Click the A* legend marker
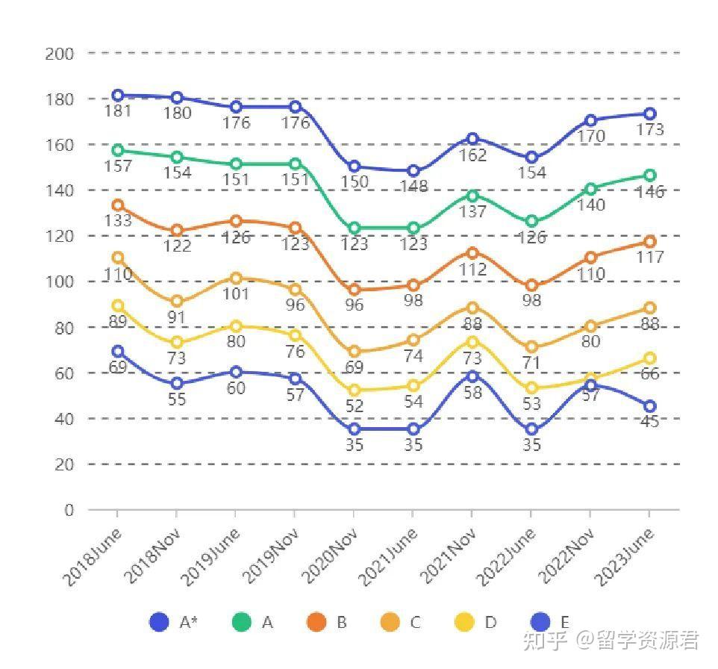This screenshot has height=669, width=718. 159,622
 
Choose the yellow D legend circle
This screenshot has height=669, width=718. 464,622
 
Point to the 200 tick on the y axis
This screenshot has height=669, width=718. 60,54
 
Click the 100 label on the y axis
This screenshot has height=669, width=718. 60,282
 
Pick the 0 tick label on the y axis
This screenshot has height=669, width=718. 69,511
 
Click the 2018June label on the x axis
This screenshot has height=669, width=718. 93,556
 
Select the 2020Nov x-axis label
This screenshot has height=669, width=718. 331,557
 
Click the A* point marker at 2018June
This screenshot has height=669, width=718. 118,96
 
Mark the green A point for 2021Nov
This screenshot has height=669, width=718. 472,196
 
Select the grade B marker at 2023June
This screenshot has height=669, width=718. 650,242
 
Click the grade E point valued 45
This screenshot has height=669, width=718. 650,406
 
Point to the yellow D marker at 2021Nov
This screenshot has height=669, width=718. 472,342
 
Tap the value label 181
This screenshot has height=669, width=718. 118,112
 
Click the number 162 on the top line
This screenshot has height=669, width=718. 473,155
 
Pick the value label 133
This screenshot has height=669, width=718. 118,221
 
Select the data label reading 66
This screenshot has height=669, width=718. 650,374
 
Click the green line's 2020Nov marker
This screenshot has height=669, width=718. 355,228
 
